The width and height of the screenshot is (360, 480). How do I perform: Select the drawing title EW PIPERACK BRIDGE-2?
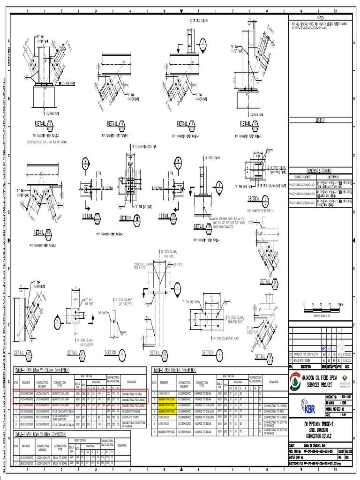pos(324,424)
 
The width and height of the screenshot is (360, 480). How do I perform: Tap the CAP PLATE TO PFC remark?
pos(133,416)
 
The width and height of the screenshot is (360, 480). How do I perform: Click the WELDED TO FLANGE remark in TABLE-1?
pos(133,410)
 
